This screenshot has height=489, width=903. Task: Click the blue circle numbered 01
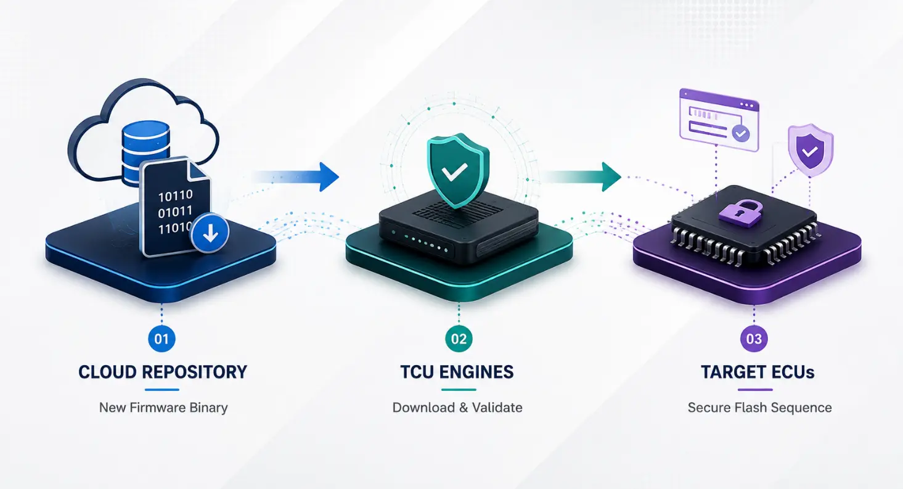(161, 339)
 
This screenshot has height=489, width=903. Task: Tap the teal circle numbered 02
(459, 339)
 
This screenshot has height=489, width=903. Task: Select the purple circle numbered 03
(754, 339)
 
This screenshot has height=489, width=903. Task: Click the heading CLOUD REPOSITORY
(163, 372)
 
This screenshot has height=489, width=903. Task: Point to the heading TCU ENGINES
(457, 372)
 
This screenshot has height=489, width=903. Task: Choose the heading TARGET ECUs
(758, 372)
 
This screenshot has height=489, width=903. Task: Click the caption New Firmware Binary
(163, 408)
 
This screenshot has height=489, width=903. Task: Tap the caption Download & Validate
(457, 408)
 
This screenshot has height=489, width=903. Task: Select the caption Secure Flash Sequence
(759, 408)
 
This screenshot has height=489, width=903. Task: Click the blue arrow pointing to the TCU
(296, 177)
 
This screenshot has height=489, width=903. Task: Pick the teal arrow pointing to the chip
(581, 177)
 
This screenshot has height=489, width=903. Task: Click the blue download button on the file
(210, 233)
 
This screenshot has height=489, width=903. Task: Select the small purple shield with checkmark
(811, 150)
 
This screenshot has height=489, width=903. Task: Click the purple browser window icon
(719, 120)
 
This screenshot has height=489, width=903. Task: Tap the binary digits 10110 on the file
(175, 196)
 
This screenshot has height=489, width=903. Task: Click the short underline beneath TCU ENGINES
(459, 390)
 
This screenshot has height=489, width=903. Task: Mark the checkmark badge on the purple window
(740, 133)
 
